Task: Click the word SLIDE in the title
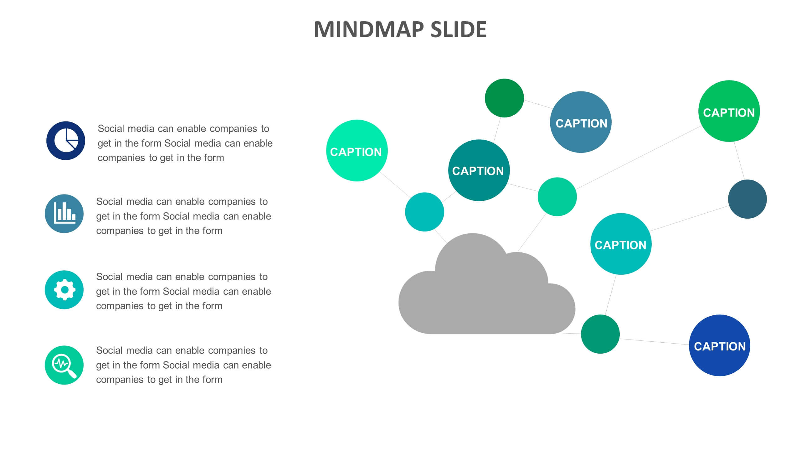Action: [458, 30]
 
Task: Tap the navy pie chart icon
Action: [66, 141]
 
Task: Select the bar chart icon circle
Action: [64, 214]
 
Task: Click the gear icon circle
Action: [64, 290]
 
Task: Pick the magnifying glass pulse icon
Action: [64, 365]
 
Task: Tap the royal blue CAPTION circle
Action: [719, 345]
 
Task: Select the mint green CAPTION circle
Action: [357, 151]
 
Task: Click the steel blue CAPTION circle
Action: [581, 122]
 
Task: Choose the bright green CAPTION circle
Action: [729, 111]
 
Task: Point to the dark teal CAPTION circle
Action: [479, 170]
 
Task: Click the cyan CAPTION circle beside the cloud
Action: [620, 244]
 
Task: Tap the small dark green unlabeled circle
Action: [504, 98]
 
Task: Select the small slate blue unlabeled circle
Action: [747, 199]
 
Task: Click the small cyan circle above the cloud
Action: [424, 212]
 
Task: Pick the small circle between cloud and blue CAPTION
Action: [600, 334]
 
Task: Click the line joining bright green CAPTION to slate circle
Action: [739, 161]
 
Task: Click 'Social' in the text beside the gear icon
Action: [110, 277]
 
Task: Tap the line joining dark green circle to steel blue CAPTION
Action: [538, 104]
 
